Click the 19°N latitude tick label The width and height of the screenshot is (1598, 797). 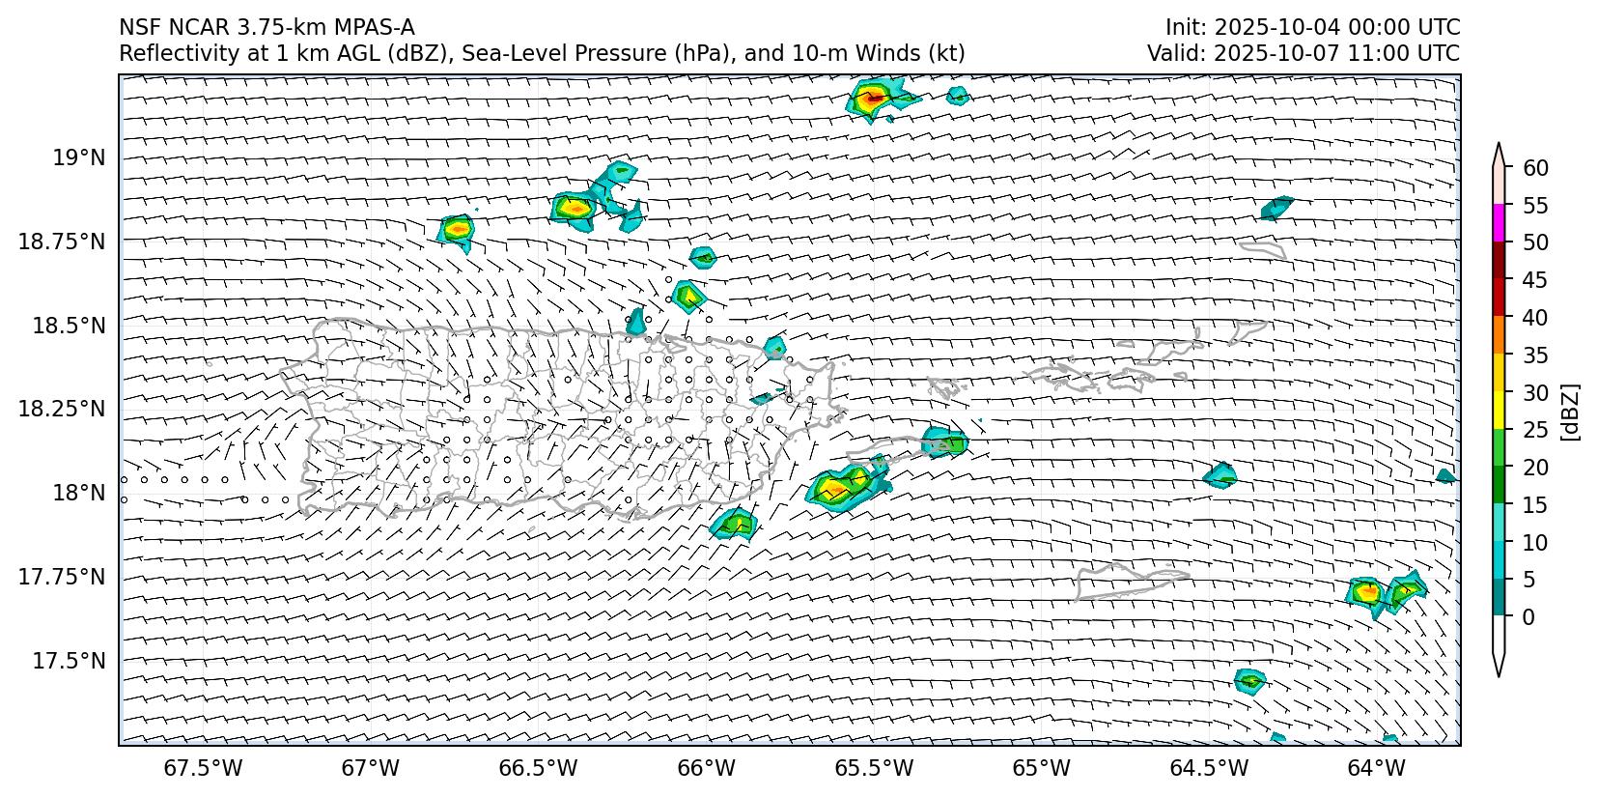[78, 157]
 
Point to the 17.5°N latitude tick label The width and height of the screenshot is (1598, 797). [69, 661]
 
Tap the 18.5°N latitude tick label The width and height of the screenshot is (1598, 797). [69, 326]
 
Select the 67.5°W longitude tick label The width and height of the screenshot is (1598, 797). [204, 768]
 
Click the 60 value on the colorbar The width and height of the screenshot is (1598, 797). [1535, 168]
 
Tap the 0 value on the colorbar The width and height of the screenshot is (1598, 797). [1528, 616]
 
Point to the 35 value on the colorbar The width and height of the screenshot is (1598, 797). [1535, 356]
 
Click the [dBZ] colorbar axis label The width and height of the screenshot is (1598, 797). [1570, 412]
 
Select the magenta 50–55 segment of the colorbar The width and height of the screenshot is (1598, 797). [1499, 223]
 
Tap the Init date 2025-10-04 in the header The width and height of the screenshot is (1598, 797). [1273, 27]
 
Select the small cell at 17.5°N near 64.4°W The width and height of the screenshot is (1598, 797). [1250, 680]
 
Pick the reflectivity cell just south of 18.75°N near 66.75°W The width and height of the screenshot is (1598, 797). [457, 230]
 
